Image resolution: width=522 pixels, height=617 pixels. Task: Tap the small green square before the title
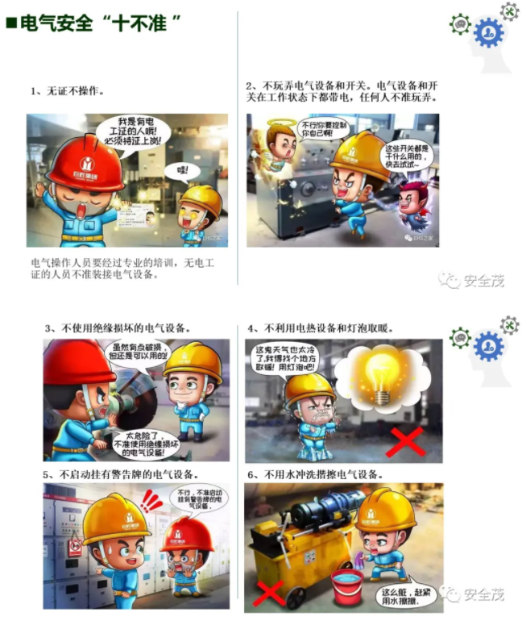10,23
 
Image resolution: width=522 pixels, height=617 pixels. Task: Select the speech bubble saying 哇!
182,171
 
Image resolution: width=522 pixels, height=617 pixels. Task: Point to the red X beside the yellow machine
269,592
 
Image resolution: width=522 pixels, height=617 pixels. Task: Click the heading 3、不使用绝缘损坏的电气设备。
118,328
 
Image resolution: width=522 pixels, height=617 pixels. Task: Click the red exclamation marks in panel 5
151,502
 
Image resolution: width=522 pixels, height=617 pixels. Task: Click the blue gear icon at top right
488,33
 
